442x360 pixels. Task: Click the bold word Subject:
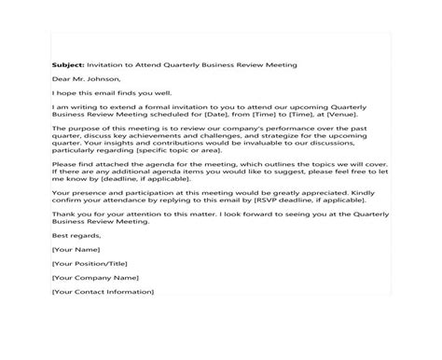point(67,64)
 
